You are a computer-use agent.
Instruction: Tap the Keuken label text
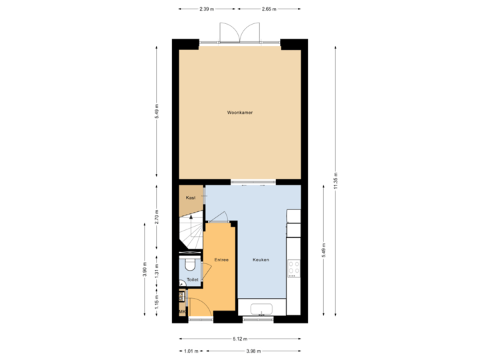tap(261, 260)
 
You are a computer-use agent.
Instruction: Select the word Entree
tap(221, 259)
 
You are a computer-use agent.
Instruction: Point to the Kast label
tap(191, 199)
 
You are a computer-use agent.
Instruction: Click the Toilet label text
tap(193, 280)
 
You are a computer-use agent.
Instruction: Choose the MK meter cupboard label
tap(182, 311)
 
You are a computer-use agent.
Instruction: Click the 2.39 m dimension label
tap(206, 9)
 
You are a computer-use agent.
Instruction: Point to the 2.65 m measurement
tap(269, 9)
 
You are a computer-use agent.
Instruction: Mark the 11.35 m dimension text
tap(335, 180)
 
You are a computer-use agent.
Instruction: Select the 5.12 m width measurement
tap(239, 337)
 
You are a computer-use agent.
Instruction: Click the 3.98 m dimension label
tap(253, 350)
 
